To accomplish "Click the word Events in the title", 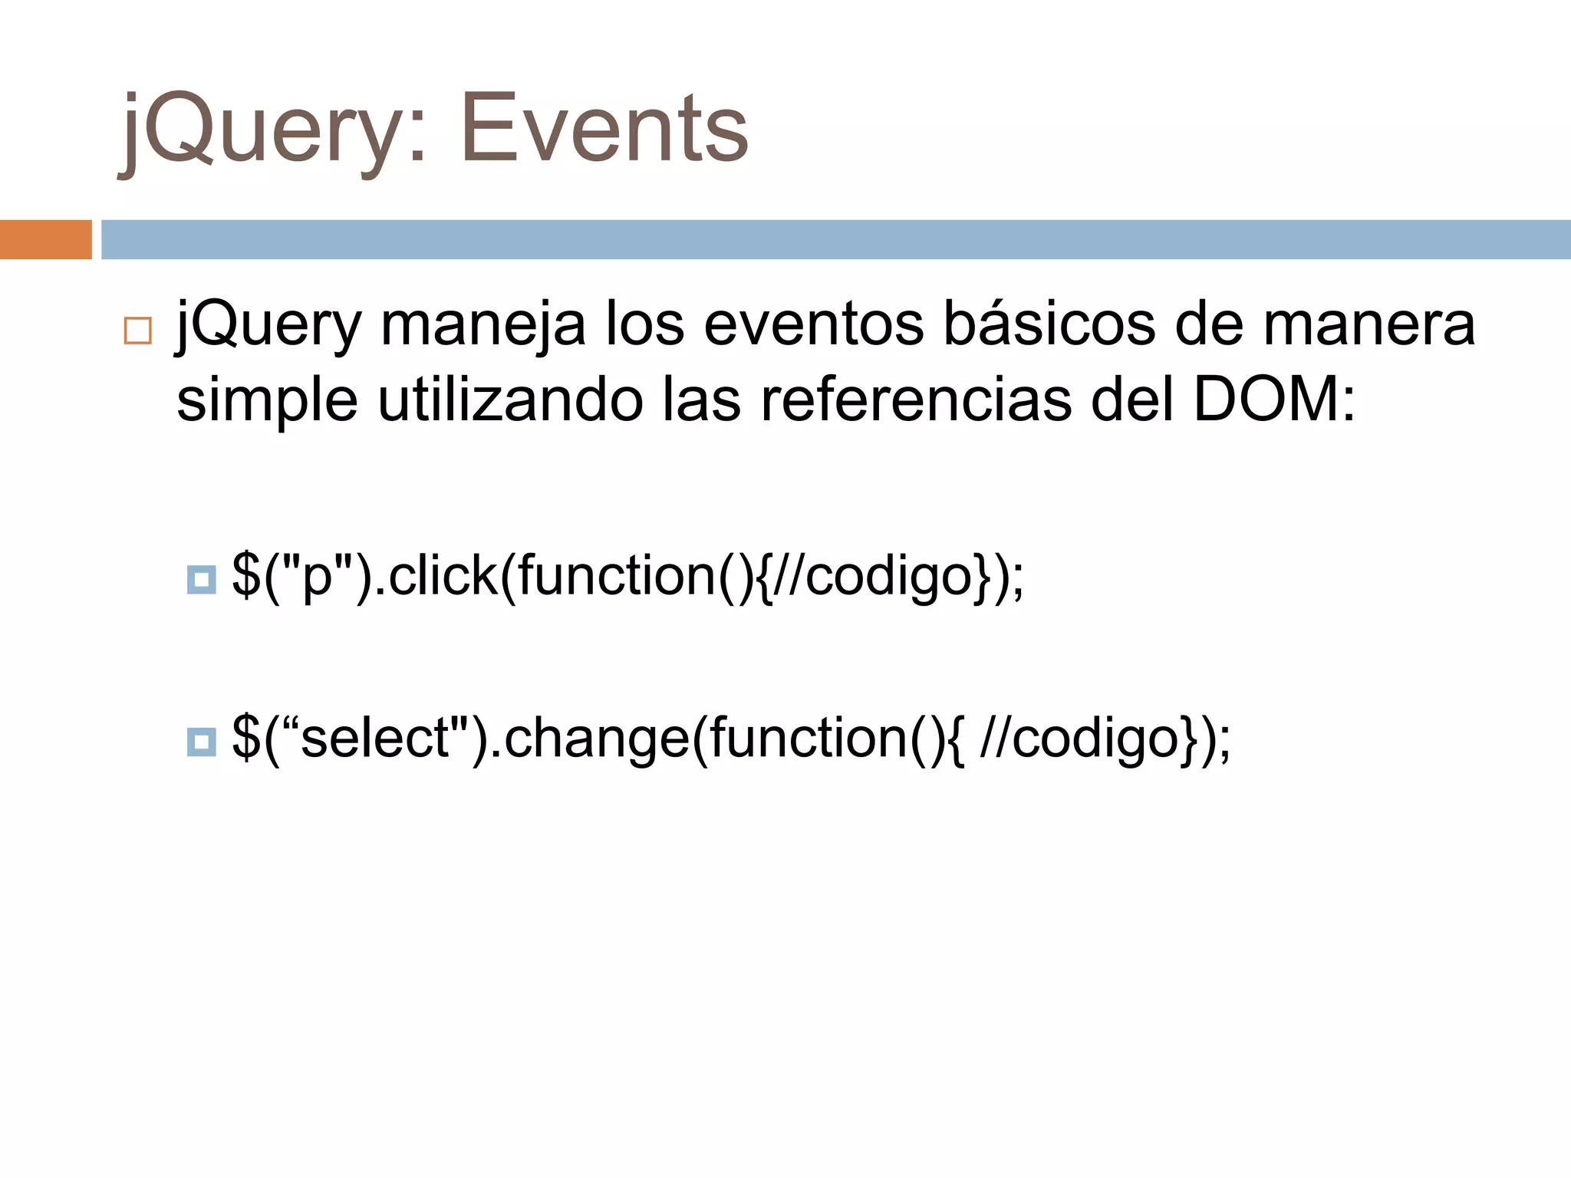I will (x=604, y=128).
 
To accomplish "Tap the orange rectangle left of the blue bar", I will (x=45, y=239).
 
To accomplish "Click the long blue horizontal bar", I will (x=835, y=239).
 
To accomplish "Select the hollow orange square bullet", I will (x=138, y=331).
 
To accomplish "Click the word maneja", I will (x=483, y=324).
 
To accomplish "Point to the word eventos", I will (x=814, y=324).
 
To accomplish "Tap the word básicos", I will (x=1049, y=324).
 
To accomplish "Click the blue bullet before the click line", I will (x=202, y=580).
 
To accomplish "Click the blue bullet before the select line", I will (x=202, y=742).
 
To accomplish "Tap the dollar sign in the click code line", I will (x=245, y=575).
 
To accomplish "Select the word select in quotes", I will (x=376, y=738).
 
